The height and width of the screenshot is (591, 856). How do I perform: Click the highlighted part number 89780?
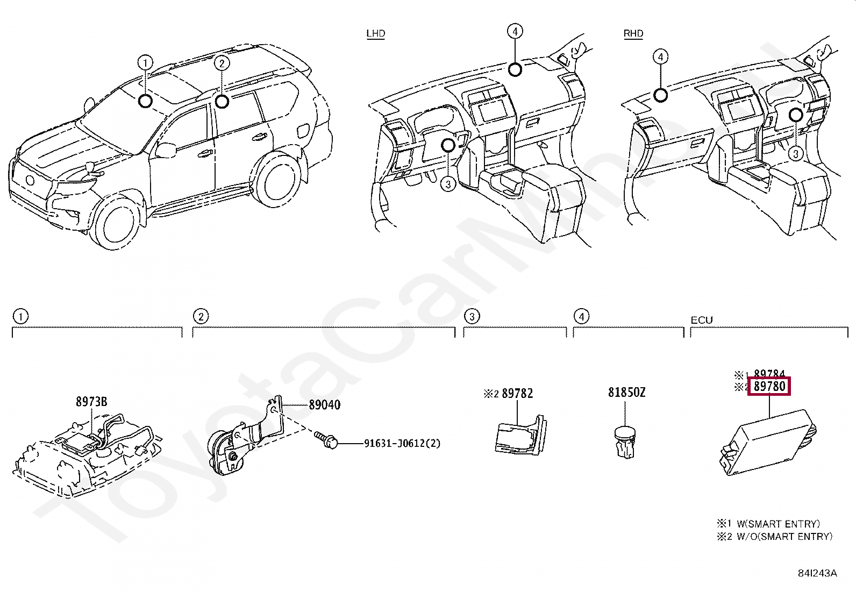pyautogui.click(x=769, y=386)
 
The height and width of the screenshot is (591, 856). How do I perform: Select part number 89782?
pyautogui.click(x=517, y=394)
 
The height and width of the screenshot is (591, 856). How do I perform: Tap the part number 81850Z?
pyautogui.click(x=626, y=393)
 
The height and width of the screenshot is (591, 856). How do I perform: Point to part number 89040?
pyautogui.click(x=324, y=405)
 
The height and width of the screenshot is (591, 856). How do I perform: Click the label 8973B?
pyautogui.click(x=91, y=402)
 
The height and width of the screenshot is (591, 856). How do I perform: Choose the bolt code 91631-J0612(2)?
pyautogui.click(x=402, y=444)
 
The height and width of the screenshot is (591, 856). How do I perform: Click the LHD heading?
pyautogui.click(x=375, y=33)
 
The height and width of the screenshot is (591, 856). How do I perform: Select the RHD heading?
pyautogui.click(x=633, y=33)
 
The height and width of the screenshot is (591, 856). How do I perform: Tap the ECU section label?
pyautogui.click(x=701, y=320)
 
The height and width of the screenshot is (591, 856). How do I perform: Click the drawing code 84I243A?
pyautogui.click(x=817, y=573)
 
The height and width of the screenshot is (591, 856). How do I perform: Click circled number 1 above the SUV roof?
pyautogui.click(x=145, y=63)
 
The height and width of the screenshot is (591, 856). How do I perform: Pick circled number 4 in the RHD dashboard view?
pyautogui.click(x=660, y=57)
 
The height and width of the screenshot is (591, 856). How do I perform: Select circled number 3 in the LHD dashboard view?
pyautogui.click(x=447, y=184)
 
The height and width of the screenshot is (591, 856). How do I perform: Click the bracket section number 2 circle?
pyautogui.click(x=201, y=316)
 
